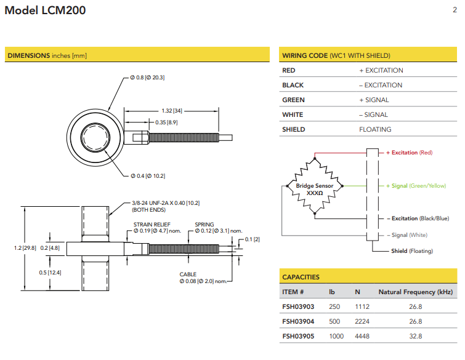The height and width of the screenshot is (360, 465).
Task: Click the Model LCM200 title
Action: (x=46, y=10)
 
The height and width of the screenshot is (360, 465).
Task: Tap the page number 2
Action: (x=455, y=9)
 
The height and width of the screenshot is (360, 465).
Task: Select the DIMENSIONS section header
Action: (x=47, y=55)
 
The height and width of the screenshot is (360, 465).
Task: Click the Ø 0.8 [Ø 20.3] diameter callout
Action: (x=147, y=78)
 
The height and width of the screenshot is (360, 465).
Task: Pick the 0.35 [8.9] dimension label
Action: (x=167, y=122)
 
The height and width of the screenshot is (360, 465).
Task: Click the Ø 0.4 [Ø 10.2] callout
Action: (x=148, y=176)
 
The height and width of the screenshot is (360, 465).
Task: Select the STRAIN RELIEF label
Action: (x=152, y=225)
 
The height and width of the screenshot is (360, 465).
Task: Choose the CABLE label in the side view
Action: (x=188, y=274)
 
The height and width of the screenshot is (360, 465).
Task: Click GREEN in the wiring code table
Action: (x=293, y=100)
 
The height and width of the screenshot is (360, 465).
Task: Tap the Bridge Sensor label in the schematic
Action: (x=315, y=185)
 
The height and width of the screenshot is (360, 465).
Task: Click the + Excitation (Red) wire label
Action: (x=410, y=153)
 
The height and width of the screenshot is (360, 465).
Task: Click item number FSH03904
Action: (x=298, y=321)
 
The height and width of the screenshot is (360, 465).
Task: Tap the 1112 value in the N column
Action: (x=363, y=306)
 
